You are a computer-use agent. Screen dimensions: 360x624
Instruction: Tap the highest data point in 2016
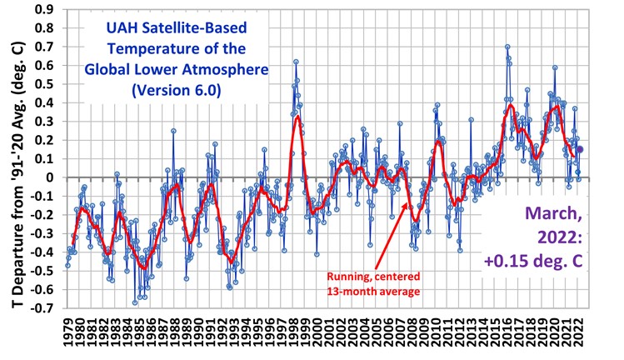pos(507,47)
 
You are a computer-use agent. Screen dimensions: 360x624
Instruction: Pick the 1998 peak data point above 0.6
pos(296,62)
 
